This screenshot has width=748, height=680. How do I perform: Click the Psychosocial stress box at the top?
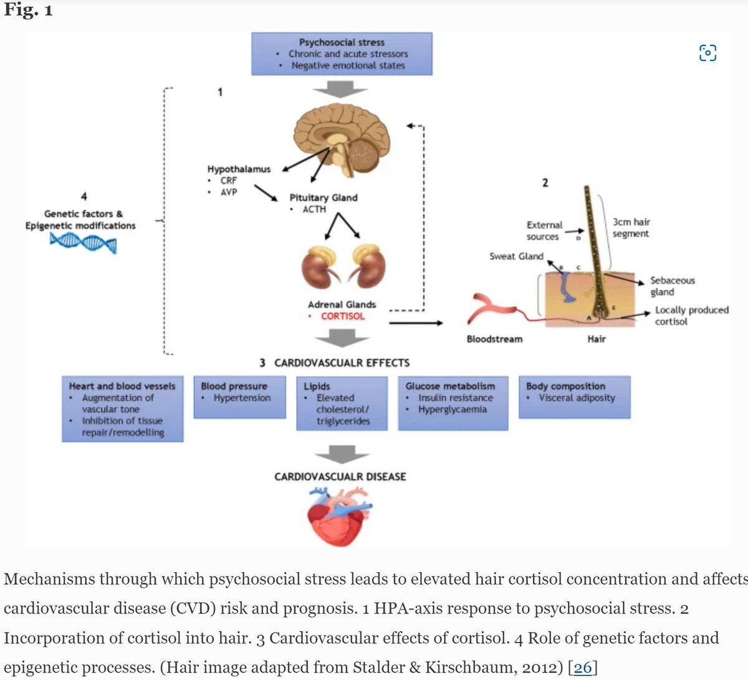tap(342, 54)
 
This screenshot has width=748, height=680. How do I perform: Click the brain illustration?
tap(342, 138)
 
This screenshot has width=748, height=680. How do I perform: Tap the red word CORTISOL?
tap(343, 316)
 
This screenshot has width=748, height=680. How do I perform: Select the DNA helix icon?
tap(83, 242)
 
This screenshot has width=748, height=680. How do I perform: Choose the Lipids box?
tap(342, 403)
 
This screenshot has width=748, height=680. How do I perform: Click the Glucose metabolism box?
tap(453, 403)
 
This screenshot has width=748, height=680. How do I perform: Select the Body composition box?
tap(574, 396)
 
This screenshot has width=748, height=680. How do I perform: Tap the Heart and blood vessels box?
tap(122, 408)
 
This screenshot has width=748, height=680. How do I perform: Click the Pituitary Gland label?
tap(324, 198)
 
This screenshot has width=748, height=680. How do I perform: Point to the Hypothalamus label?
tap(239, 169)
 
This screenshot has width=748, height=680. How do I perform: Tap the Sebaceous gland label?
tap(672, 286)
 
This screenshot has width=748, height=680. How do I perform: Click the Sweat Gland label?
tap(516, 256)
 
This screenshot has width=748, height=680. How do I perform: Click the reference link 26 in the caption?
tap(582, 668)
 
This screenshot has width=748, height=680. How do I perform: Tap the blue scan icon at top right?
tap(707, 53)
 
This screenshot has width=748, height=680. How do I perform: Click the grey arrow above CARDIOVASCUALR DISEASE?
tap(342, 454)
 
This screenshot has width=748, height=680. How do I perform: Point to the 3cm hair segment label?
tap(631, 227)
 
